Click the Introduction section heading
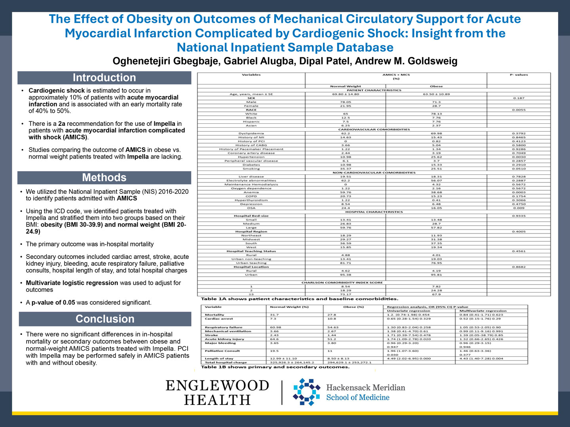(104, 78)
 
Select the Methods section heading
(104, 178)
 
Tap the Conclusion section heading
(105, 319)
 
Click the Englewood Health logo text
(217, 392)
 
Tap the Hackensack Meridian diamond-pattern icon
(306, 392)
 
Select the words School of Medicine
(357, 398)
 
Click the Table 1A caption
(299, 299)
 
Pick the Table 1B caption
(275, 367)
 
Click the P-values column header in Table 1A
(519, 75)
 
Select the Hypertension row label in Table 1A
(251, 157)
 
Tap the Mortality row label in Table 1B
(215, 315)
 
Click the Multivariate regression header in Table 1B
(483, 311)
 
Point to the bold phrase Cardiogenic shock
(57, 91)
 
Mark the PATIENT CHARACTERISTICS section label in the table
(374, 90)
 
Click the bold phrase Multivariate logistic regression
(72, 283)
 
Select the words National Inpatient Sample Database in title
(285, 47)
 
